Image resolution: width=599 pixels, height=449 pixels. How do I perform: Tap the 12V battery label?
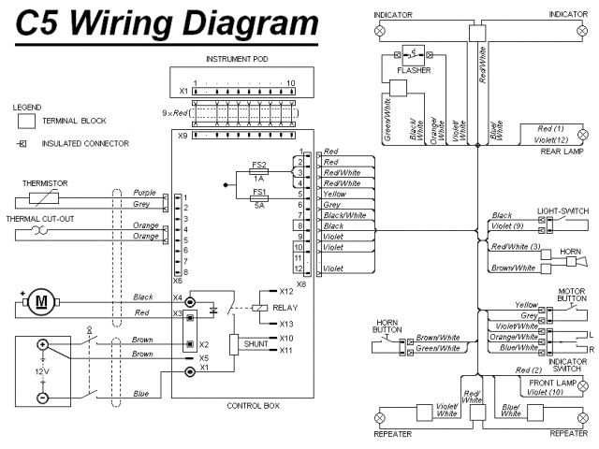tap(41, 371)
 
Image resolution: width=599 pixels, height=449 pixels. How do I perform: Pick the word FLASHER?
tap(414, 69)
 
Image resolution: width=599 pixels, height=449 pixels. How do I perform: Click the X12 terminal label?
tap(286, 291)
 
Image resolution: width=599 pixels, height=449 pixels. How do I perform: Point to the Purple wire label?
tap(144, 193)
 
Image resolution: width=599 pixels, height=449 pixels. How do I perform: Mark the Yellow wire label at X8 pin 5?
tap(335, 194)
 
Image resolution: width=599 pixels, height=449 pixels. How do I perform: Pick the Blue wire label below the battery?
tap(141, 394)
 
